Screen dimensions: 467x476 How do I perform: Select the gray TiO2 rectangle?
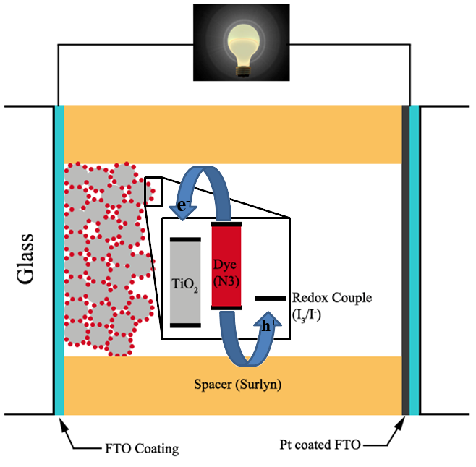185,282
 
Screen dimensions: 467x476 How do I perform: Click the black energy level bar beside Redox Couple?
268,298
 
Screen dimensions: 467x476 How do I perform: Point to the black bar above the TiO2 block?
185,238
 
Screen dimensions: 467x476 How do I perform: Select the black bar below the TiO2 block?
185,326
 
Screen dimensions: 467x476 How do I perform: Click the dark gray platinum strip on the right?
405,260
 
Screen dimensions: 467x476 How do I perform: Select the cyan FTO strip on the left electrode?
59,260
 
